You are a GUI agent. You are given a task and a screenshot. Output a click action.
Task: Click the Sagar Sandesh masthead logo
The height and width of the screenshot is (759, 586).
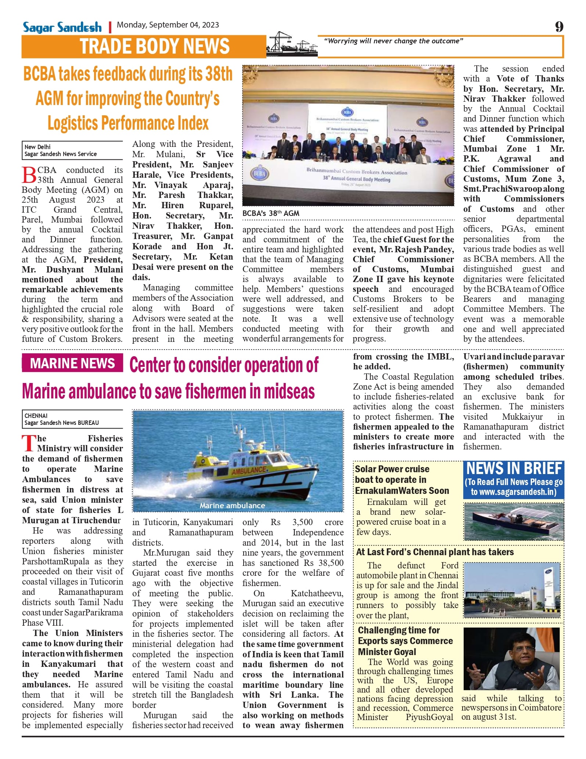[x=62, y=27]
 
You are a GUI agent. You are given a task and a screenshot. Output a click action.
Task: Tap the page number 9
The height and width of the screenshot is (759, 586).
[x=559, y=27]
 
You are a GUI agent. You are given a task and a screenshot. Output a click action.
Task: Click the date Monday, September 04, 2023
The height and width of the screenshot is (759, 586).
[x=168, y=25]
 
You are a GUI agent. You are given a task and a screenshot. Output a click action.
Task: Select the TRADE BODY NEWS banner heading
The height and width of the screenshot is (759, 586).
[x=155, y=47]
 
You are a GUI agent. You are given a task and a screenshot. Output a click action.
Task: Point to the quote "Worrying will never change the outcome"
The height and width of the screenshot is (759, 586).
[x=393, y=41]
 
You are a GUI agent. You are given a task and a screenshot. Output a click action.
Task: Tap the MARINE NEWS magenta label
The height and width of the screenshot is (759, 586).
[x=72, y=363]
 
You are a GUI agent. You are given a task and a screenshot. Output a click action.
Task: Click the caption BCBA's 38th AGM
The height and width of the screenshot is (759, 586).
[x=271, y=213]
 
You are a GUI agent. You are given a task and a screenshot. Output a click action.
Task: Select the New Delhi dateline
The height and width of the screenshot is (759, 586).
[x=37, y=147]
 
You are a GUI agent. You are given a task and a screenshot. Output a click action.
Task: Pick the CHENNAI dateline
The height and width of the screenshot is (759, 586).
[x=36, y=416]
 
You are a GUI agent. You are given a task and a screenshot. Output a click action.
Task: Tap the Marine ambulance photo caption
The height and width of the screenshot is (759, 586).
[x=232, y=506]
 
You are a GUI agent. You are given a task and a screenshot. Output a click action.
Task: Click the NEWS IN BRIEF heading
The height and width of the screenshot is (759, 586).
[x=514, y=469]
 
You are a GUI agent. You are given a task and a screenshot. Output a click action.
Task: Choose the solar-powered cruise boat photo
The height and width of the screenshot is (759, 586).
[x=514, y=521]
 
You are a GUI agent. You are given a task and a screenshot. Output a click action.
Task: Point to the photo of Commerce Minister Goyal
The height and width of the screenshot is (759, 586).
[x=511, y=659]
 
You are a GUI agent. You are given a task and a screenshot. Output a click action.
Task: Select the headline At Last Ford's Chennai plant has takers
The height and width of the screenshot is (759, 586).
[x=435, y=552]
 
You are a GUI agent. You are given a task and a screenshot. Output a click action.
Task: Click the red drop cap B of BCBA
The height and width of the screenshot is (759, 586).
[x=29, y=175]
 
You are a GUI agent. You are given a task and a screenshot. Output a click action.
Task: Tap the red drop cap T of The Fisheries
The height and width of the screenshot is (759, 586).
[x=29, y=443]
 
